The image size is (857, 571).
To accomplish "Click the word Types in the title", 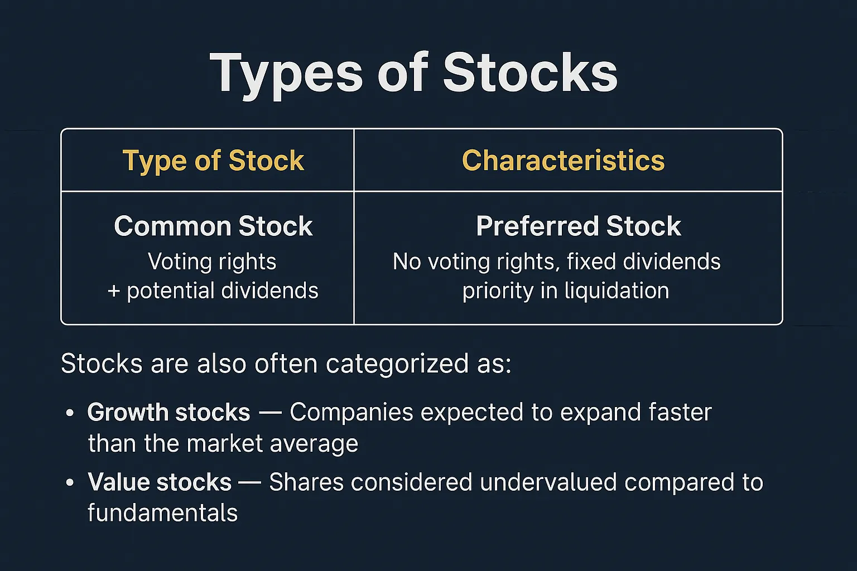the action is (x=286, y=75).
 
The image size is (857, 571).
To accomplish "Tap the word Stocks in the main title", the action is (x=530, y=72).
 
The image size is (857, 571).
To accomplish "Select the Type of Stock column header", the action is (x=213, y=161).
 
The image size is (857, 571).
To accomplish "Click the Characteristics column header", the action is (x=563, y=160).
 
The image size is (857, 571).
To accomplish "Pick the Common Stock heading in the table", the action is (x=213, y=226).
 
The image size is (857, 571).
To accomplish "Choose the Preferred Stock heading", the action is (x=579, y=226).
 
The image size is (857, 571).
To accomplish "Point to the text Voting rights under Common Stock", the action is (x=212, y=263).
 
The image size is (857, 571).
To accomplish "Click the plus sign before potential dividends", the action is (x=114, y=291).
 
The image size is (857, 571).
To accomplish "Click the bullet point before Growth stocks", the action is (x=70, y=413).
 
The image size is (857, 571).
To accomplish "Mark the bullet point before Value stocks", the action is (x=70, y=483).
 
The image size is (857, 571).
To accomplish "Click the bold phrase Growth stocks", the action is (x=168, y=413).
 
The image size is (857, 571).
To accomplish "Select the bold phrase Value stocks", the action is (x=160, y=482).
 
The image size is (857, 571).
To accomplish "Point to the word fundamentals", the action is (x=162, y=512).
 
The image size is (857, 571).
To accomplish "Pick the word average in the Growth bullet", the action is (x=314, y=444).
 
